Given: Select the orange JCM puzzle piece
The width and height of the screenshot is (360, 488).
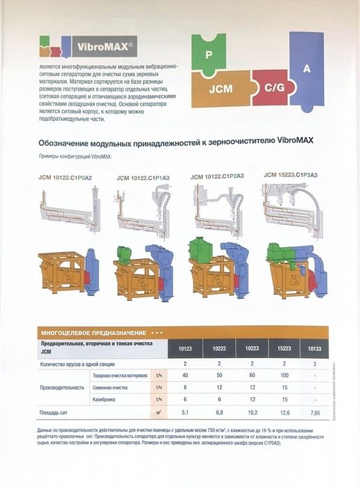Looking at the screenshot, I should (220, 89).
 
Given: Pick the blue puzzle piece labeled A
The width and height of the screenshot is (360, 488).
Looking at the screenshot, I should (306, 69).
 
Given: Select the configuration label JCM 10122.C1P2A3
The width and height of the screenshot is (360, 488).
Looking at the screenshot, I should (217, 177).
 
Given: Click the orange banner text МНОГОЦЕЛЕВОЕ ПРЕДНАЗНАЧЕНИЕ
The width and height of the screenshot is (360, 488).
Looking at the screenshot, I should (94, 333).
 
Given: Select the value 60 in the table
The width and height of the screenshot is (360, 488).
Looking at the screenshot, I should (251, 376).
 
